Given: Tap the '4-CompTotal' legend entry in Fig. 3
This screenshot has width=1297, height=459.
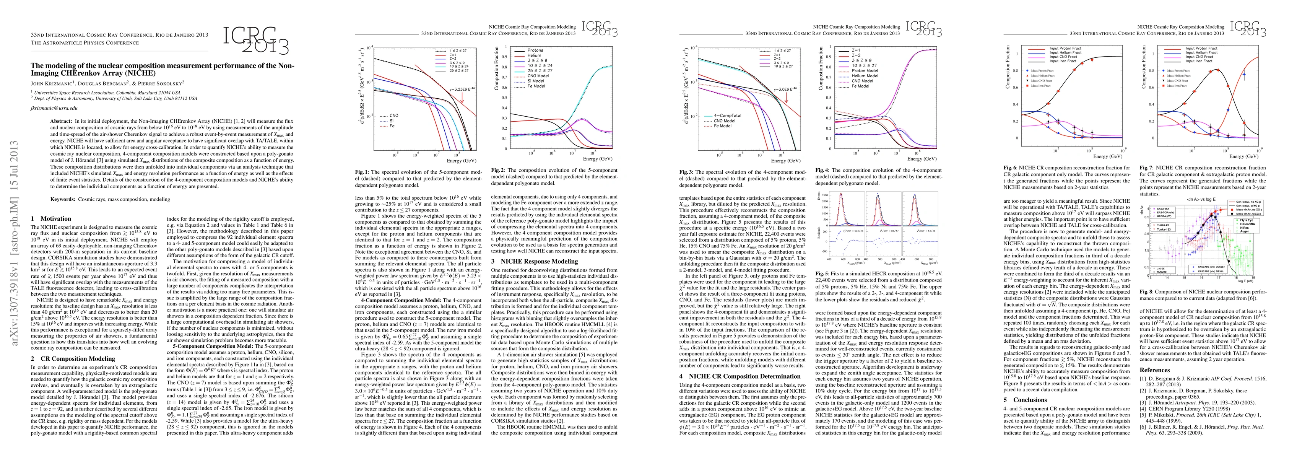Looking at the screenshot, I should [x=727, y=116].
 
